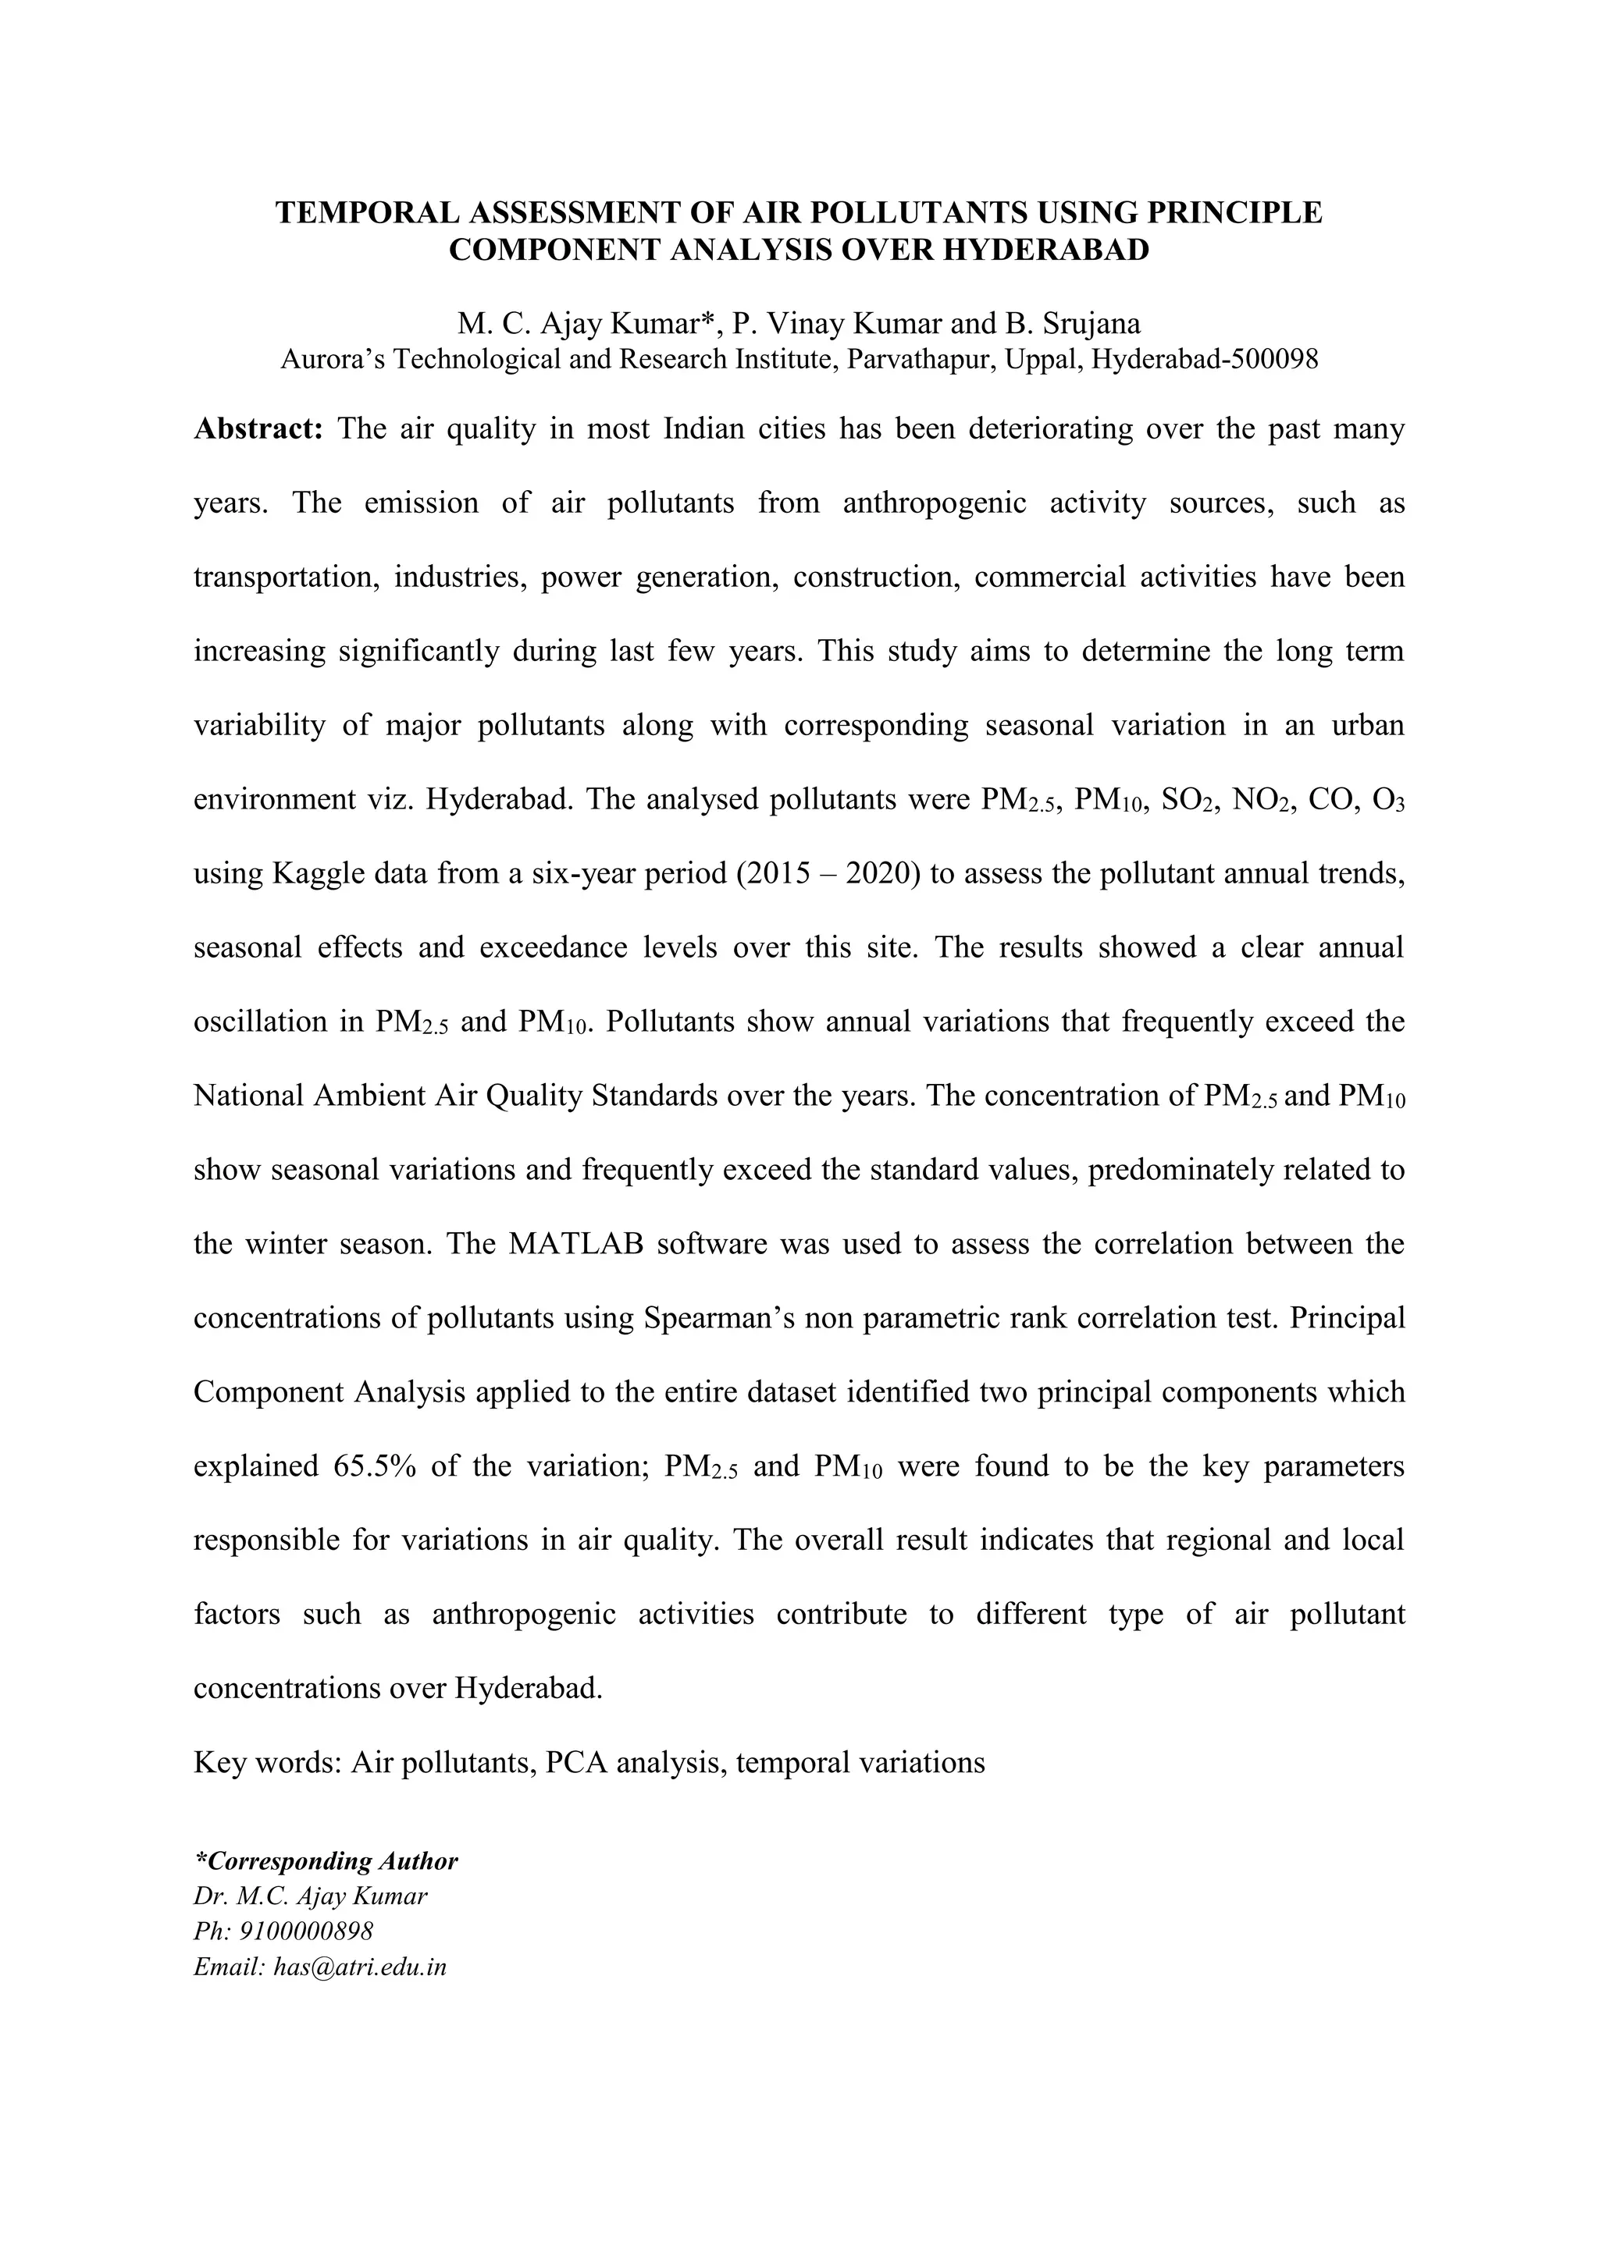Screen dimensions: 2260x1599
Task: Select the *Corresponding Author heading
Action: [x=326, y=1861]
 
